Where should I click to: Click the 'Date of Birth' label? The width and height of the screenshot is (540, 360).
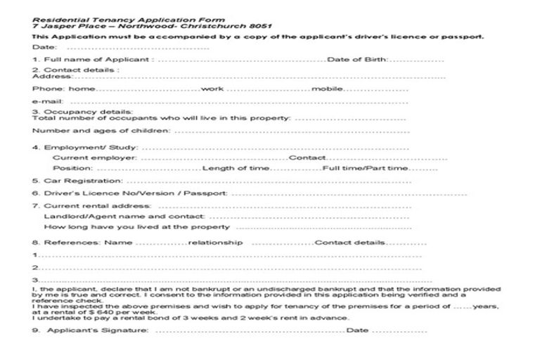(358, 60)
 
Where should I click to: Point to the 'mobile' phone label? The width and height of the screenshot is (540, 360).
(327, 89)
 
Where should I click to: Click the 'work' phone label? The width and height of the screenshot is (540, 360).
(212, 89)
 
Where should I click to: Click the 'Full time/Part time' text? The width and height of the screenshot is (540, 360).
(365, 169)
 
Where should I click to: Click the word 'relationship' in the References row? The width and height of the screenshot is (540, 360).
(216, 243)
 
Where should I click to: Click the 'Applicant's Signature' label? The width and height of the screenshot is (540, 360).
(97, 330)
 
